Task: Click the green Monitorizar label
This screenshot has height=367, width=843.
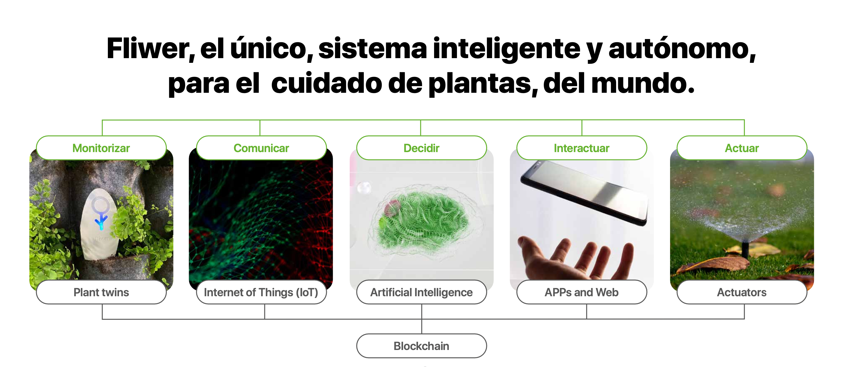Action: coord(101,148)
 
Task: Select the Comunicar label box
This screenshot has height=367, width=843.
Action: coord(261,148)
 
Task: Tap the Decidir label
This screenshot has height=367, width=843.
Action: coord(421,148)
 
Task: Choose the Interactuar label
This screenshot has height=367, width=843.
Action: coord(582,148)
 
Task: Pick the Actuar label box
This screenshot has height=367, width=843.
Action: coord(742,148)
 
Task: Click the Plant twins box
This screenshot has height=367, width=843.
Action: coord(101,292)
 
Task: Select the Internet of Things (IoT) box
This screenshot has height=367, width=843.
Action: coord(261,292)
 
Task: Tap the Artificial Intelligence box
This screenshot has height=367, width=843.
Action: coord(421,292)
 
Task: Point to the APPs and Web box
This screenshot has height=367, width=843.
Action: coord(582,292)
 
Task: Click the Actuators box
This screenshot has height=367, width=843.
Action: coord(742,292)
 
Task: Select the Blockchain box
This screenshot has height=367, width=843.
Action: coord(421,346)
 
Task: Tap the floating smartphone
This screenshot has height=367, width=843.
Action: coord(584,193)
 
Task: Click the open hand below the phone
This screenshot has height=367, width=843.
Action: coord(576,259)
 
